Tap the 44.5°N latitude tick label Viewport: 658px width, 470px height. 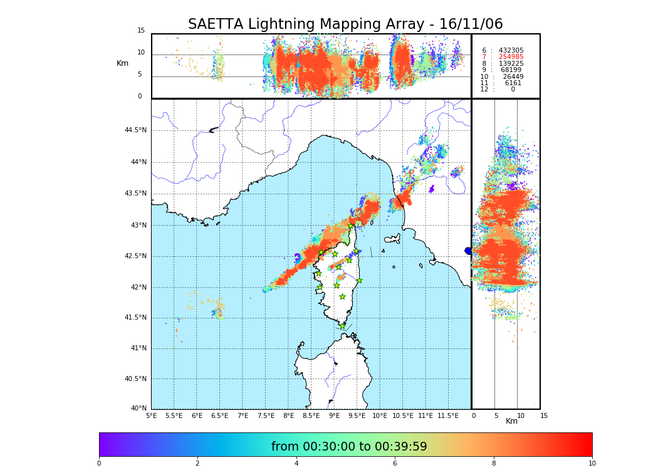pyautogui.click(x=135, y=130)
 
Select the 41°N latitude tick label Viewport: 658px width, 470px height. pyautogui.click(x=138, y=348)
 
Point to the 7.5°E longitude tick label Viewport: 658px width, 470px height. pyautogui.click(x=266, y=415)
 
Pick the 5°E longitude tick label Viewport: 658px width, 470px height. pyautogui.click(x=151, y=415)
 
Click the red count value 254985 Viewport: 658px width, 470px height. pyautogui.click(x=511, y=57)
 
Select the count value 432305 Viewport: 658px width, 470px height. pyautogui.click(x=511, y=51)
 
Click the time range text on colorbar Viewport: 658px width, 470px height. pyautogui.click(x=349, y=447)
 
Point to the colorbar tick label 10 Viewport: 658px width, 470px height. pyautogui.click(x=592, y=464)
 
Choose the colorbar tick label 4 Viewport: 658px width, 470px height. pyautogui.click(x=296, y=464)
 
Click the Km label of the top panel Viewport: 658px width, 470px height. pyautogui.click(x=122, y=63)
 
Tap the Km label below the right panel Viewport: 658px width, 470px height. pyautogui.click(x=511, y=421)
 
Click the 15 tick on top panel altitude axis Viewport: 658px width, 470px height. pyautogui.click(x=141, y=31)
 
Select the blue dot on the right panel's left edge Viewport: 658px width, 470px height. pyautogui.click(x=468, y=251)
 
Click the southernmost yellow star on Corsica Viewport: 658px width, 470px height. pyautogui.click(x=342, y=326)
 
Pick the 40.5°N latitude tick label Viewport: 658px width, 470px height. pyautogui.click(x=135, y=379)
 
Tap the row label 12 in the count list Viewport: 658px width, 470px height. pyautogui.click(x=484, y=90)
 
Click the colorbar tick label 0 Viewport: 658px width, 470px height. pyautogui.click(x=99, y=464)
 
